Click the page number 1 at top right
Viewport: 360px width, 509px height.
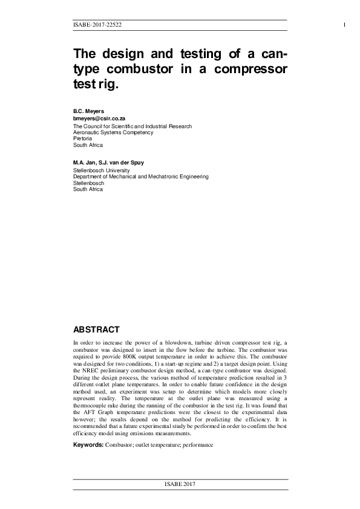(x=344, y=25)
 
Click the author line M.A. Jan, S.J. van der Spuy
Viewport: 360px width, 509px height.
(x=114, y=163)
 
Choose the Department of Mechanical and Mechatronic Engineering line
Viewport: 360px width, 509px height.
(x=140, y=177)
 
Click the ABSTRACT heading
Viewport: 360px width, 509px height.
(x=96, y=329)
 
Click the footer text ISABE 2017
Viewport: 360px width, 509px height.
(x=180, y=485)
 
